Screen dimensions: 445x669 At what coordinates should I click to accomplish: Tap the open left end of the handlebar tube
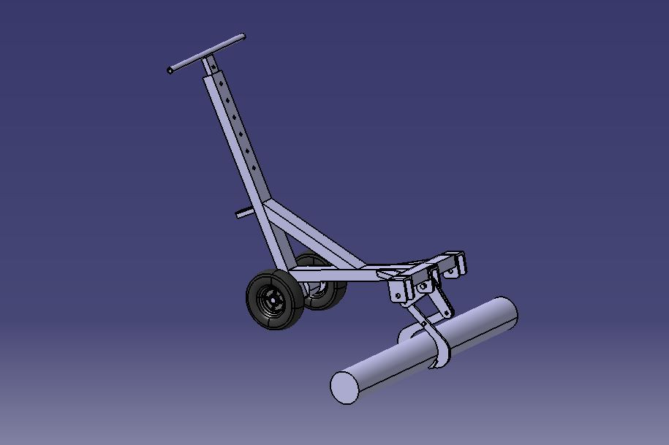170,71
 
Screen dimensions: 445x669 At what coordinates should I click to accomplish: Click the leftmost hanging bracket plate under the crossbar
399,290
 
